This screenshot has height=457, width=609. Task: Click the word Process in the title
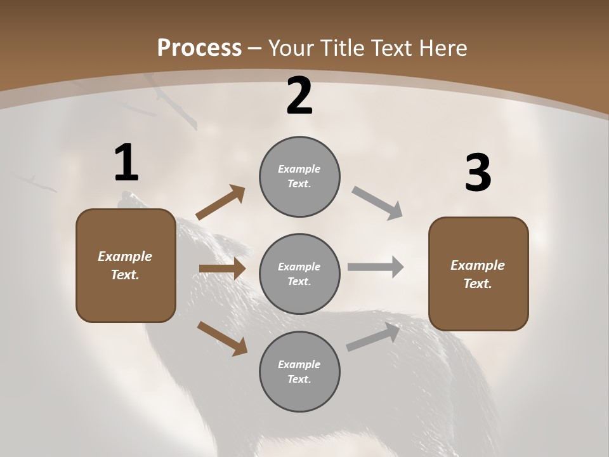pyautogui.click(x=199, y=48)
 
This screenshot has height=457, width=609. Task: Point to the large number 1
pyautogui.click(x=126, y=163)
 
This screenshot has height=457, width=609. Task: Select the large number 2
pyautogui.click(x=299, y=96)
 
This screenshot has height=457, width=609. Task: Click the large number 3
pyautogui.click(x=478, y=173)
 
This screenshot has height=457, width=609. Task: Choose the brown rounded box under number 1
pyautogui.click(x=126, y=265)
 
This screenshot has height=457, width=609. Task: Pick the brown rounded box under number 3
pyautogui.click(x=478, y=274)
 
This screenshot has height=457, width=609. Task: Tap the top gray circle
pyautogui.click(x=299, y=176)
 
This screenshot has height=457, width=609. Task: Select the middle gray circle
pyautogui.click(x=299, y=274)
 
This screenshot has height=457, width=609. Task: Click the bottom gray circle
pyautogui.click(x=299, y=372)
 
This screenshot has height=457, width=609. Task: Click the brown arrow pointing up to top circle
pyautogui.click(x=221, y=203)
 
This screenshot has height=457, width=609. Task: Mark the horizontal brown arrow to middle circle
pyautogui.click(x=222, y=268)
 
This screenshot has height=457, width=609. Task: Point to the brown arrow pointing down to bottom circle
pyautogui.click(x=222, y=338)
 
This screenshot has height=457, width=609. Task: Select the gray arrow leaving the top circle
pyautogui.click(x=377, y=203)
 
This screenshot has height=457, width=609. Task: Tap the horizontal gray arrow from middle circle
pyautogui.click(x=376, y=267)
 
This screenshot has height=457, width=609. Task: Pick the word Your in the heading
pyautogui.click(x=290, y=48)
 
